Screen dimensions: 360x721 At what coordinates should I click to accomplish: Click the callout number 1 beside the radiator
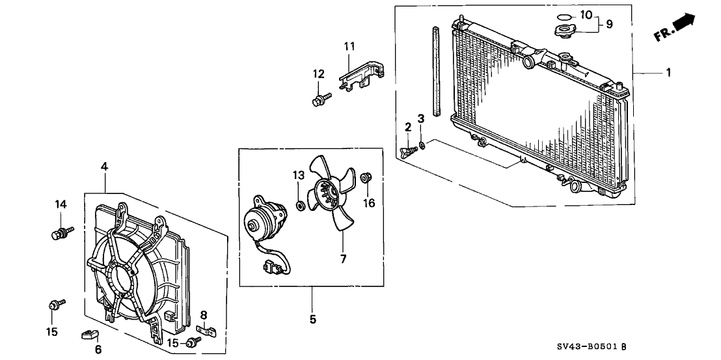pyautogui.click(x=668, y=73)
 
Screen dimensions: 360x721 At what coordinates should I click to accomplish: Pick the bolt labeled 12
pyautogui.click(x=320, y=100)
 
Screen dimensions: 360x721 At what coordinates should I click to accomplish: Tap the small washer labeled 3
pyautogui.click(x=423, y=145)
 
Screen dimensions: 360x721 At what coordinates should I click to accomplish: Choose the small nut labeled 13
pyautogui.click(x=301, y=206)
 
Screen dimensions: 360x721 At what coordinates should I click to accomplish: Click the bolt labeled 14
pyautogui.click(x=59, y=232)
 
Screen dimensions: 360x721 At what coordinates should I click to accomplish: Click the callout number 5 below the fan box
pyautogui.click(x=312, y=319)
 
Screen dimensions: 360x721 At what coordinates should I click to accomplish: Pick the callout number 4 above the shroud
pyautogui.click(x=104, y=167)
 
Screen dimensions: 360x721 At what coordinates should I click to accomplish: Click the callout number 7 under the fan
pyautogui.click(x=343, y=258)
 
